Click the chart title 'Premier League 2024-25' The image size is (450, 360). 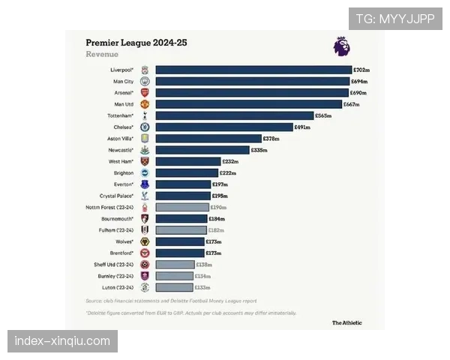136,43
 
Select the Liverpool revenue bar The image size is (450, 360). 253,70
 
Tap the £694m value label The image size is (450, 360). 361,81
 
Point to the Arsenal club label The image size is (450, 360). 123,92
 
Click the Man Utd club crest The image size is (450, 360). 145,104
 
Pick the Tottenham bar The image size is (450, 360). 234,115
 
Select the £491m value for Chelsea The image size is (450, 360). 303,127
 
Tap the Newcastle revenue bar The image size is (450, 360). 202,150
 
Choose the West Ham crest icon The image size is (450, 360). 145,161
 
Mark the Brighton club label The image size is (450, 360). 124,173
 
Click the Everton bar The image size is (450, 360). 183,184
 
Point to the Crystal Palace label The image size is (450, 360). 117,196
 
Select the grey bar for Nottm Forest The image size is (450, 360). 182,207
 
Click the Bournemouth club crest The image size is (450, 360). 145,218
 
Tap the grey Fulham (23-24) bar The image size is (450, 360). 181,230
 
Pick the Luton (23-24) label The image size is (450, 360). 118,287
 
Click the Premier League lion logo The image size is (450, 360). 341,46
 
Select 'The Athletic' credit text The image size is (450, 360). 347,323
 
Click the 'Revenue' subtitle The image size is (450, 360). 101,55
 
